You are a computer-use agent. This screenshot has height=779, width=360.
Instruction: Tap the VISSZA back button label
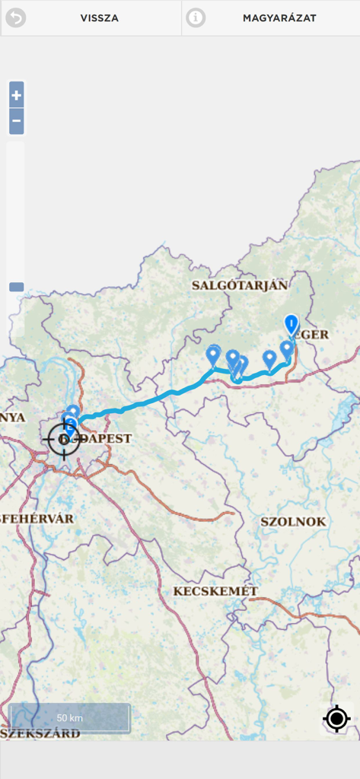[99, 17]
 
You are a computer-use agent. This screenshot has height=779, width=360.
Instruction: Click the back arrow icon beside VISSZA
[15, 17]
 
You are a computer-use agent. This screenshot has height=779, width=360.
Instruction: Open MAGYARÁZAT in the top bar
[279, 17]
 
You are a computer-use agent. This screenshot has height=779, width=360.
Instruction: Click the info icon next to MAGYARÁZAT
[196, 17]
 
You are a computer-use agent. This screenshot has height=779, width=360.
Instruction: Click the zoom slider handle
[16, 288]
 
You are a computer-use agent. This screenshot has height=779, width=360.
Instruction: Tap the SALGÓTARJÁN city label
[240, 285]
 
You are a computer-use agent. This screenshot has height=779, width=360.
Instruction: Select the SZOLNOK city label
[293, 522]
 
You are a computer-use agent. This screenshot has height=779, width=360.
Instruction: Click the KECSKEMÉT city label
[215, 591]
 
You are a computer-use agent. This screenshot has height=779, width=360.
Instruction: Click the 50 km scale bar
[69, 717]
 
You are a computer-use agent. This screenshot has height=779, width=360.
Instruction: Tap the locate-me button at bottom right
[336, 718]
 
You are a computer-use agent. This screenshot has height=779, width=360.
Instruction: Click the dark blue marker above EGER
[292, 324]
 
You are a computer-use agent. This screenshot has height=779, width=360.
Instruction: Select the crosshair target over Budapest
[64, 439]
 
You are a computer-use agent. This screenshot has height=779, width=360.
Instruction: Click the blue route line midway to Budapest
[145, 402]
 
